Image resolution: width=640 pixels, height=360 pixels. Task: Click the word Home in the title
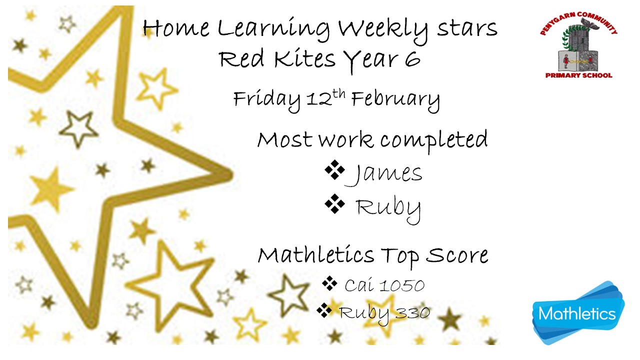pos(176,28)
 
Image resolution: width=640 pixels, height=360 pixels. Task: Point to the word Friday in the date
pos(267,100)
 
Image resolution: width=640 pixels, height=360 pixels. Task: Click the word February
pos(395,100)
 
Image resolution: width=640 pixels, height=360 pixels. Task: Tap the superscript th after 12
pos(339,94)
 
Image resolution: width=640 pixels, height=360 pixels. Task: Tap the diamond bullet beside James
pos(334,169)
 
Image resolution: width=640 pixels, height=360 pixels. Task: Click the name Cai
pos(359,285)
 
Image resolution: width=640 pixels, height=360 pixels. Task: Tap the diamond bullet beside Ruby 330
pos(324,310)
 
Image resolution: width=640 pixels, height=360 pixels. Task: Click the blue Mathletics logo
pos(577,313)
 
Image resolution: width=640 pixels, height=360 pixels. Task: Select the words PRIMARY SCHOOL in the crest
pos(578,75)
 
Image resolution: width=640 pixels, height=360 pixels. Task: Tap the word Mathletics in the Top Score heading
pos(316,255)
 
